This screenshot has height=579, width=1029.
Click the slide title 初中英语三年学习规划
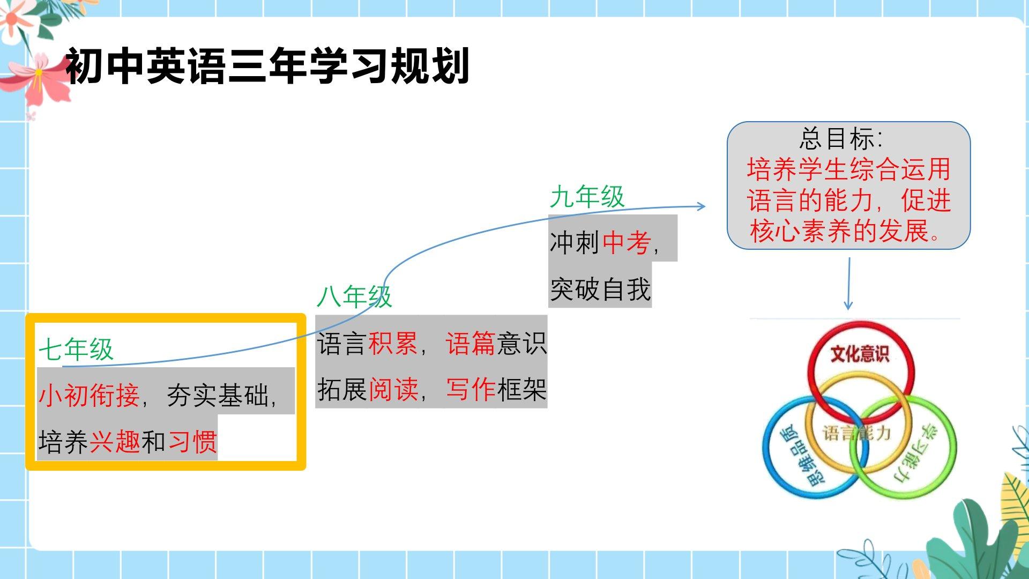click(x=267, y=66)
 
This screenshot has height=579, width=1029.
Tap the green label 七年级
click(x=76, y=350)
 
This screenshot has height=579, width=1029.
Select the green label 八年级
click(x=354, y=296)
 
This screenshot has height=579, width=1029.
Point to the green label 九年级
click(x=587, y=197)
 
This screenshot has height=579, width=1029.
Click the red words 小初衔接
click(x=89, y=396)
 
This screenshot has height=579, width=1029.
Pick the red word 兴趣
click(x=115, y=442)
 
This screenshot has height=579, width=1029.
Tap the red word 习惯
click(x=192, y=442)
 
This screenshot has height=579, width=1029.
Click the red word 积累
click(x=393, y=343)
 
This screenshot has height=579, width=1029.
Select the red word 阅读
click(x=393, y=389)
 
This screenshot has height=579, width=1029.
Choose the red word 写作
click(x=471, y=389)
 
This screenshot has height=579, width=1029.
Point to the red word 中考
click(x=627, y=243)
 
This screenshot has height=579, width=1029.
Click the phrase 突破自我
click(x=600, y=289)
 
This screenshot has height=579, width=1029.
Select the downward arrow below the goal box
click(x=848, y=284)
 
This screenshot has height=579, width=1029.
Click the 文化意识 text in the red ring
click(x=860, y=354)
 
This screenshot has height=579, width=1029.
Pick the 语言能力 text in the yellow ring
click(x=856, y=433)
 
